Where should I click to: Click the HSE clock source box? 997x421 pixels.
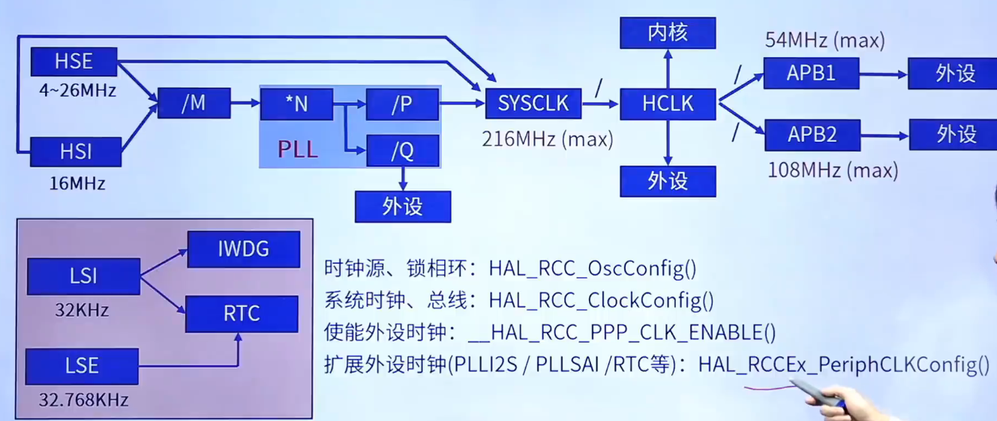pos(74,62)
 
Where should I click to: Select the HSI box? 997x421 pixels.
pos(75,152)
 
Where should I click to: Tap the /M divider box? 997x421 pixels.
pos(194,104)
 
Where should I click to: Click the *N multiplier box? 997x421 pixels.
pos(296,104)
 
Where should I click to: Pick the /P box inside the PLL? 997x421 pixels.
pos(402,104)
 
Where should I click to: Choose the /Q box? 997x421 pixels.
pos(402,151)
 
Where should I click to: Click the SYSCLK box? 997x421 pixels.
pos(533,104)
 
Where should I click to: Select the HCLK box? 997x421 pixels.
pos(668,104)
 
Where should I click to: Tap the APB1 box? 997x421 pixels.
pos(811,74)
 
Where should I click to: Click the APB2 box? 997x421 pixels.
pos(811,134)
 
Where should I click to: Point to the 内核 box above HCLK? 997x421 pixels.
pos(668,32)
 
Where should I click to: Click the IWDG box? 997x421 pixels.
pos(243,249)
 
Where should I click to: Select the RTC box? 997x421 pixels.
pos(242,314)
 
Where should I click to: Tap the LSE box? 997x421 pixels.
pos(82,366)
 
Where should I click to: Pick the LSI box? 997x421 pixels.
pos(83,276)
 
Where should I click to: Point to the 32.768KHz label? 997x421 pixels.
pos(83,400)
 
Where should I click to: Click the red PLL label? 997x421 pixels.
pos(298,148)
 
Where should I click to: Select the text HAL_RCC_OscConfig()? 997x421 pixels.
pos(593,268)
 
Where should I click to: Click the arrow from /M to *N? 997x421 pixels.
pos(245,104)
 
